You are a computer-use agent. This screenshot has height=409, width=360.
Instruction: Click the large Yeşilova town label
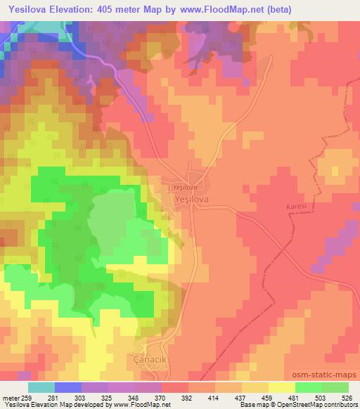click(x=190, y=200)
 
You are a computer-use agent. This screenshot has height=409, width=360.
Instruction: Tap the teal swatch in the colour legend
click(x=41, y=387)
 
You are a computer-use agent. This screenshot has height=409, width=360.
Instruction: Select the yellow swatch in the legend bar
click(x=281, y=387)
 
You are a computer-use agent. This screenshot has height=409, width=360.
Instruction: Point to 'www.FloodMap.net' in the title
click(x=215, y=10)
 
